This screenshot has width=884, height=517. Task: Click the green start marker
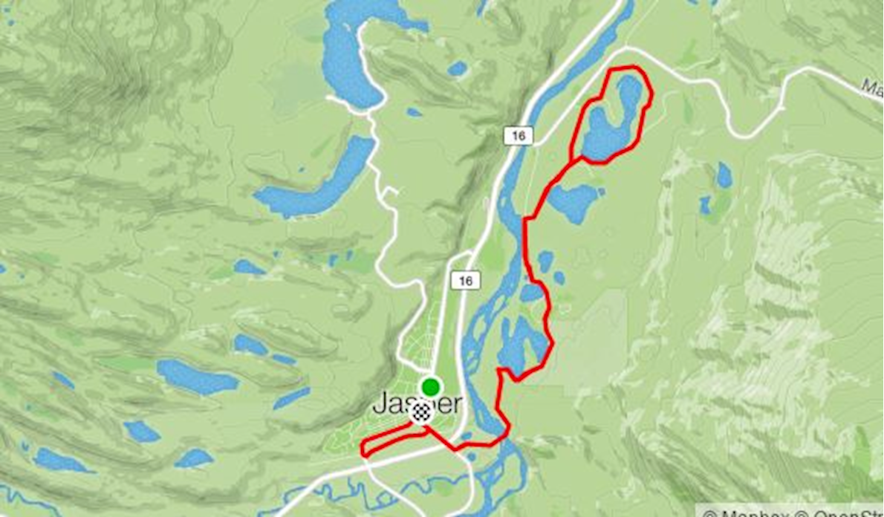[429, 387]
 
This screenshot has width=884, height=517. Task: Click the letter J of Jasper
[379, 405]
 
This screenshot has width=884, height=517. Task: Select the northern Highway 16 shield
[517, 135]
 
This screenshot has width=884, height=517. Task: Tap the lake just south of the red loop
[573, 202]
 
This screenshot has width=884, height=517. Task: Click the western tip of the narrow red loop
[363, 449]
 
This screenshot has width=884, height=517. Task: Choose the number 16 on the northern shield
[517, 135]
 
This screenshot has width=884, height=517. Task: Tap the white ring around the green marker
[429, 377]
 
